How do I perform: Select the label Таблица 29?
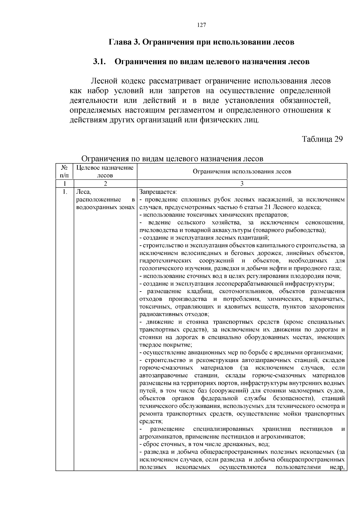(322, 139)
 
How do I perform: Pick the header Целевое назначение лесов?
(105, 171)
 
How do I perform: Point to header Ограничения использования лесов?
(242, 172)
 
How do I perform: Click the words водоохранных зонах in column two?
(105, 207)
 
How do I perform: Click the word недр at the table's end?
(337, 467)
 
